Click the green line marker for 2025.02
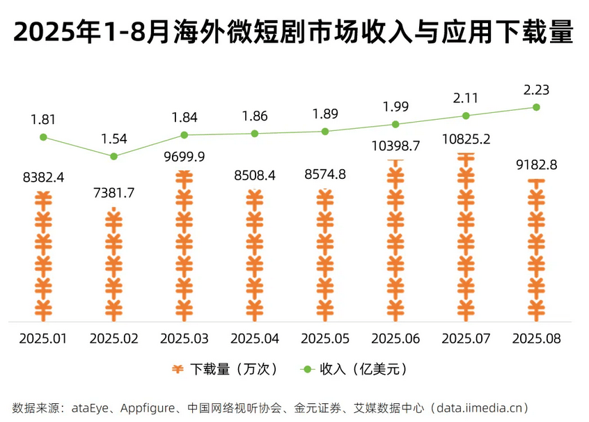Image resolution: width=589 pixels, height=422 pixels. pos(113,156)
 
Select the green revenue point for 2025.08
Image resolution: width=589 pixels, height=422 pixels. pos(536,107)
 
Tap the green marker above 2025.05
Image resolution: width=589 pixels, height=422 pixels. pos(325,131)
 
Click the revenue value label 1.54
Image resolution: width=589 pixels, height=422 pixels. pos(113,139)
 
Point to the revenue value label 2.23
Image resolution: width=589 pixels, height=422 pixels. pos(536,89)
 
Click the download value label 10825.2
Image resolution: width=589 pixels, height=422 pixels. pos(466,139)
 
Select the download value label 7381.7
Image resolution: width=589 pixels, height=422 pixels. pos(113,193)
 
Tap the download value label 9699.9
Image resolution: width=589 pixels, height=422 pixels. pos(184,156)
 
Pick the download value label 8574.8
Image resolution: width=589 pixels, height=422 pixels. pos(325,174)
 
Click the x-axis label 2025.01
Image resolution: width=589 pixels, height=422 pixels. pos(43,338)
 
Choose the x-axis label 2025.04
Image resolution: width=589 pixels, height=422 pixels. pos(254,338)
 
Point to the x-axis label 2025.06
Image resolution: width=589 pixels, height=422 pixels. pos(395,338)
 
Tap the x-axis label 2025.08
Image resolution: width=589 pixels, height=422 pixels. pos(536,338)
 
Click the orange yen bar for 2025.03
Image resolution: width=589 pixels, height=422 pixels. pos(184,244)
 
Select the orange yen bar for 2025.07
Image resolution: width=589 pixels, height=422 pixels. pos(466,237)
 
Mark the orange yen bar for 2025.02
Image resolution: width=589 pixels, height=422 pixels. pos(113,265)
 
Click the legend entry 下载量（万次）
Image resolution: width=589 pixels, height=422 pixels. pos(226,369)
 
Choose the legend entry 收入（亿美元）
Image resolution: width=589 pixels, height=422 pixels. pos(354,369)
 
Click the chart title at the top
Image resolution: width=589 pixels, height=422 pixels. pos(293,32)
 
